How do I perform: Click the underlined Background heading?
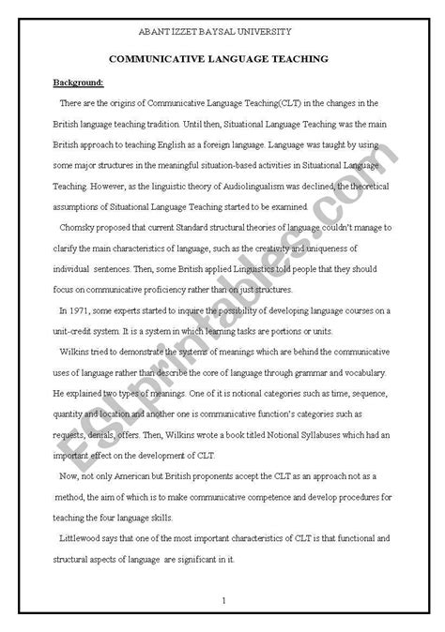79,82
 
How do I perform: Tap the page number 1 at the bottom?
223,599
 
